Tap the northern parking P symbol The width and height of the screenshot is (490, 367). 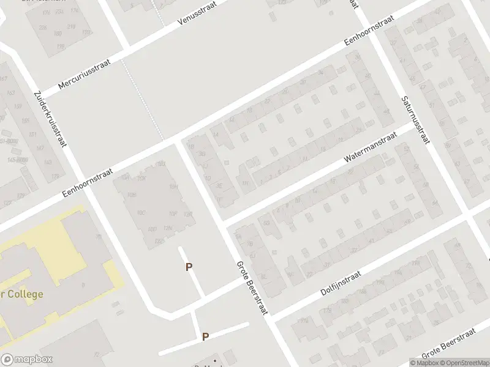tap(189, 267)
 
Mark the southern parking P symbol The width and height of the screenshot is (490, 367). tap(206, 336)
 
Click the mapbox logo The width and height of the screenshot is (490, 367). tap(27, 360)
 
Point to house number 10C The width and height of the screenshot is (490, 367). tap(141, 213)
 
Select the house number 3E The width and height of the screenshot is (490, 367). tap(219, 186)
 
